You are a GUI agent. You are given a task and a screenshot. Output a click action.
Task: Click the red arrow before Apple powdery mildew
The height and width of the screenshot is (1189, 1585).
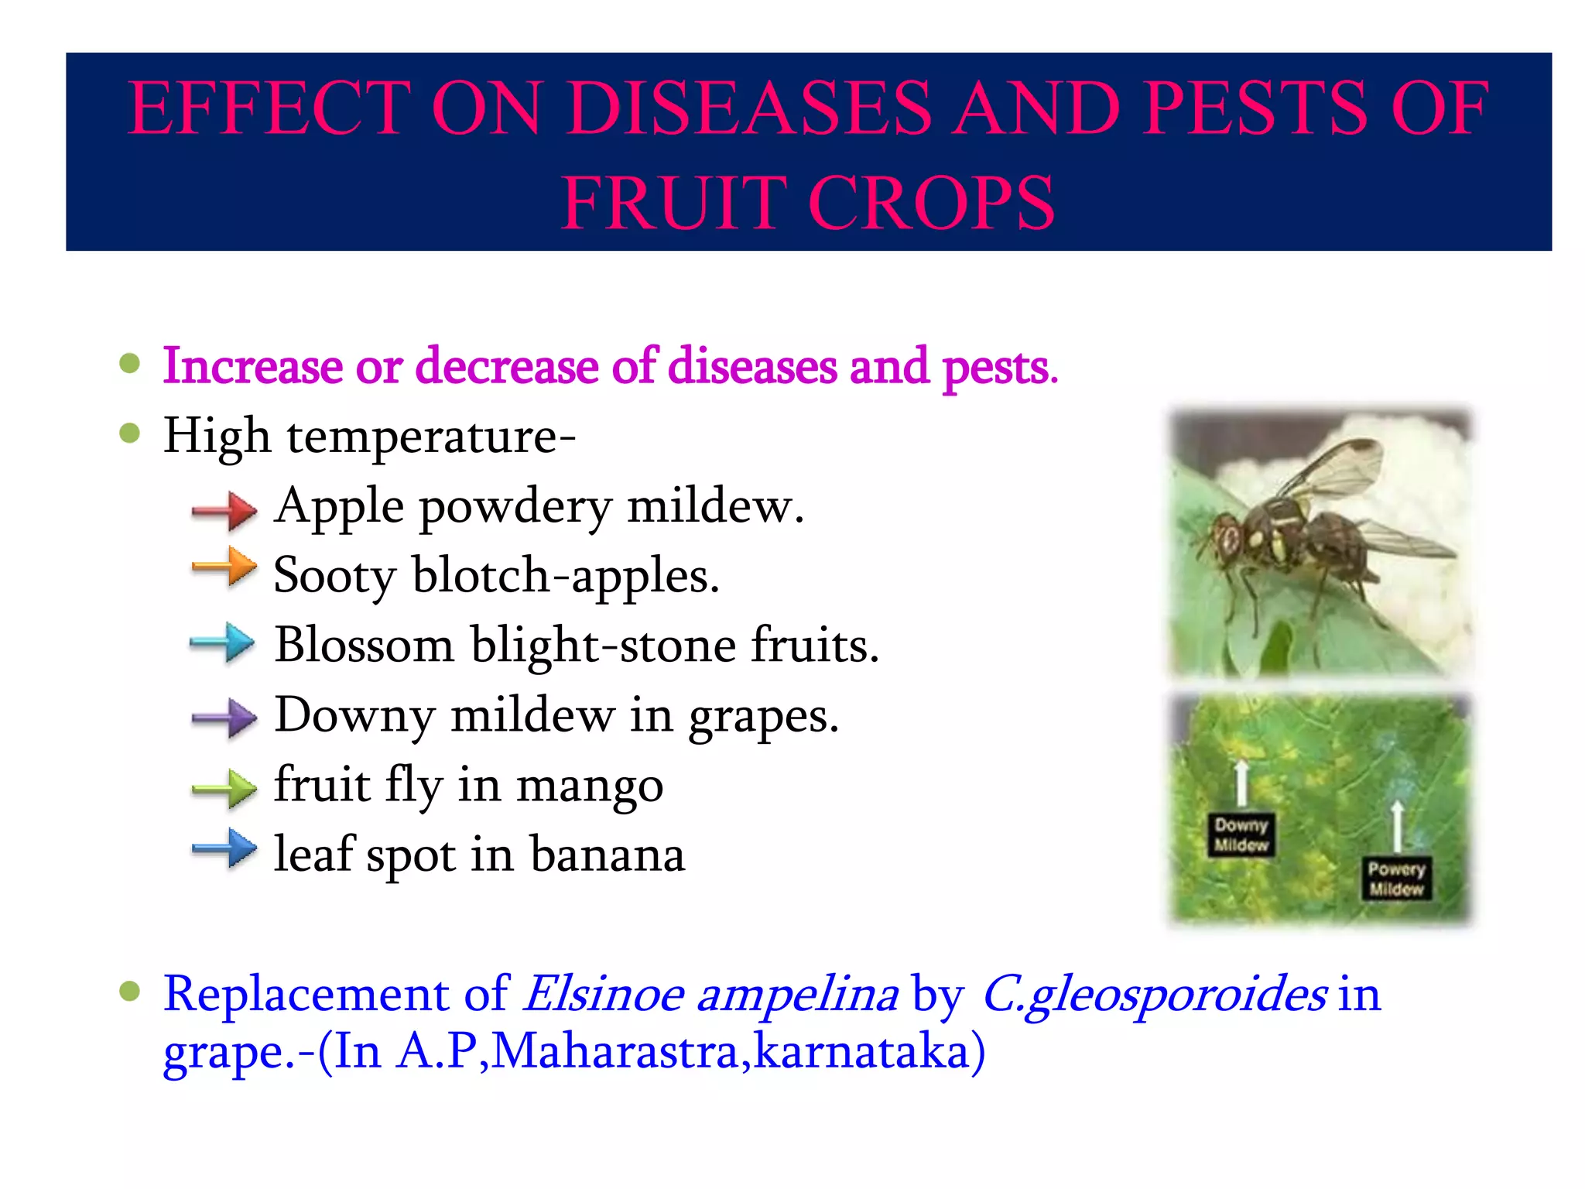pos(224,510)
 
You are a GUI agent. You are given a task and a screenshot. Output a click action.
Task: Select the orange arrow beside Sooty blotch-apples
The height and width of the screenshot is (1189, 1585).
pos(224,567)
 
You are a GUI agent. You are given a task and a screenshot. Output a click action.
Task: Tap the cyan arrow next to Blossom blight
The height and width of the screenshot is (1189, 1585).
pos(223,642)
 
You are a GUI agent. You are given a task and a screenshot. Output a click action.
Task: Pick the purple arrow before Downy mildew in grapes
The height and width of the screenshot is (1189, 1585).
pos(224,718)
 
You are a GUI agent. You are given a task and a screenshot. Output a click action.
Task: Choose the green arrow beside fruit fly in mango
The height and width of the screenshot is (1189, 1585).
pos(224,789)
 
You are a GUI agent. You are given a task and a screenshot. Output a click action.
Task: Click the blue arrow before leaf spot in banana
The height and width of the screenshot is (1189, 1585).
pos(224,849)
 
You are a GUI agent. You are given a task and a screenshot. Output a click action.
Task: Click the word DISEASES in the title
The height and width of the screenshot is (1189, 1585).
pos(748,108)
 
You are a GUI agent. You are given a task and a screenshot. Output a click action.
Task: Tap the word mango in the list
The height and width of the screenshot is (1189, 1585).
pos(590,786)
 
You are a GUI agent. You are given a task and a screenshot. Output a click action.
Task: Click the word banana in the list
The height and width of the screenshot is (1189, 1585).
pos(608,855)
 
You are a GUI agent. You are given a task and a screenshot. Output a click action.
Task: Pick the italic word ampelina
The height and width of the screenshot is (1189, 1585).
pos(797,995)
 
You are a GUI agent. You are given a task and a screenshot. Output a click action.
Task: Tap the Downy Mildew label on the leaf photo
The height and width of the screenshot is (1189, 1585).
pos(1241,834)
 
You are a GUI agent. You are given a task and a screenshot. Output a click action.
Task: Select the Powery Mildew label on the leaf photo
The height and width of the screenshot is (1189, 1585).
pos(1396,879)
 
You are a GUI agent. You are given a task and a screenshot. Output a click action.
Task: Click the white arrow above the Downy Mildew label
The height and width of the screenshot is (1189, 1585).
pos(1241,783)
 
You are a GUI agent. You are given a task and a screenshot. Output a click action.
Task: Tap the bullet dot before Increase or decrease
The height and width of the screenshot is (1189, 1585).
pos(130,364)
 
